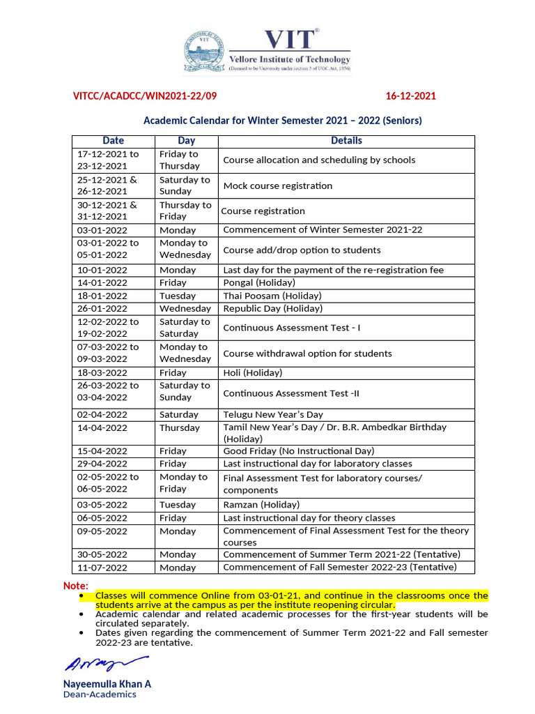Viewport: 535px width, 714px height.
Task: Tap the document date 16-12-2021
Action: pos(411,96)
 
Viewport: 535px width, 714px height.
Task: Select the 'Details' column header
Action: pos(346,141)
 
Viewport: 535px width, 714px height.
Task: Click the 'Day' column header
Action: pos(186,141)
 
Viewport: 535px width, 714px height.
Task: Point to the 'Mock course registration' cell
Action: pos(278,185)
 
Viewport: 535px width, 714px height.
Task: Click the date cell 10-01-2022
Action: pos(102,270)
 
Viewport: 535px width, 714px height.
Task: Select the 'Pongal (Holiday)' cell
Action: pos(259,282)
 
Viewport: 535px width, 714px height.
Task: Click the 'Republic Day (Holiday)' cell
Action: pos(272,308)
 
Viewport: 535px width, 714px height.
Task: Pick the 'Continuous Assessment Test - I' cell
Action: pos(292,328)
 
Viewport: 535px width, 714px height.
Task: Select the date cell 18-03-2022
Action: pos(102,373)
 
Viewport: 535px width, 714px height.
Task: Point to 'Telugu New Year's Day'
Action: pos(273,414)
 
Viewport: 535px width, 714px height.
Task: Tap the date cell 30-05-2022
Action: pos(102,554)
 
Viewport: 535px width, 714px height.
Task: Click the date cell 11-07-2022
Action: pos(102,568)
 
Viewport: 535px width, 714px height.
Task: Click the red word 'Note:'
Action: pos(76,586)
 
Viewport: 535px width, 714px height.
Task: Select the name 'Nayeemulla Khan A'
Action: pos(107,683)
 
